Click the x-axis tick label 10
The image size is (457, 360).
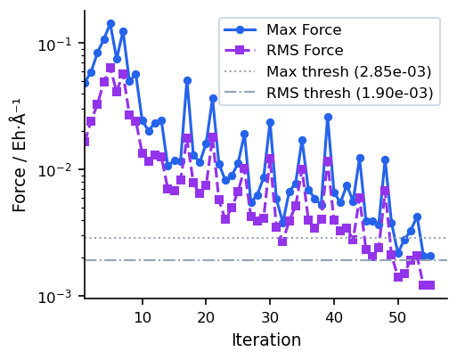143,315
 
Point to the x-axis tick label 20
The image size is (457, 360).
206,315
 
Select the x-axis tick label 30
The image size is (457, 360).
270,315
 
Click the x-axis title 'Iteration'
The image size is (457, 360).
266,340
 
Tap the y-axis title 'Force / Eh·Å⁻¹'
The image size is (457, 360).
20,155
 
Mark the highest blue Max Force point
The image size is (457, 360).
110,23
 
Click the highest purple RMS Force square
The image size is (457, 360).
110,68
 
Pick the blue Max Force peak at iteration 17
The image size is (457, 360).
187,80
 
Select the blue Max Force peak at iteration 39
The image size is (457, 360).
328,117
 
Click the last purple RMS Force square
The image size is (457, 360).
430,285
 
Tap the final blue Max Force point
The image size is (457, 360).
430,256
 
